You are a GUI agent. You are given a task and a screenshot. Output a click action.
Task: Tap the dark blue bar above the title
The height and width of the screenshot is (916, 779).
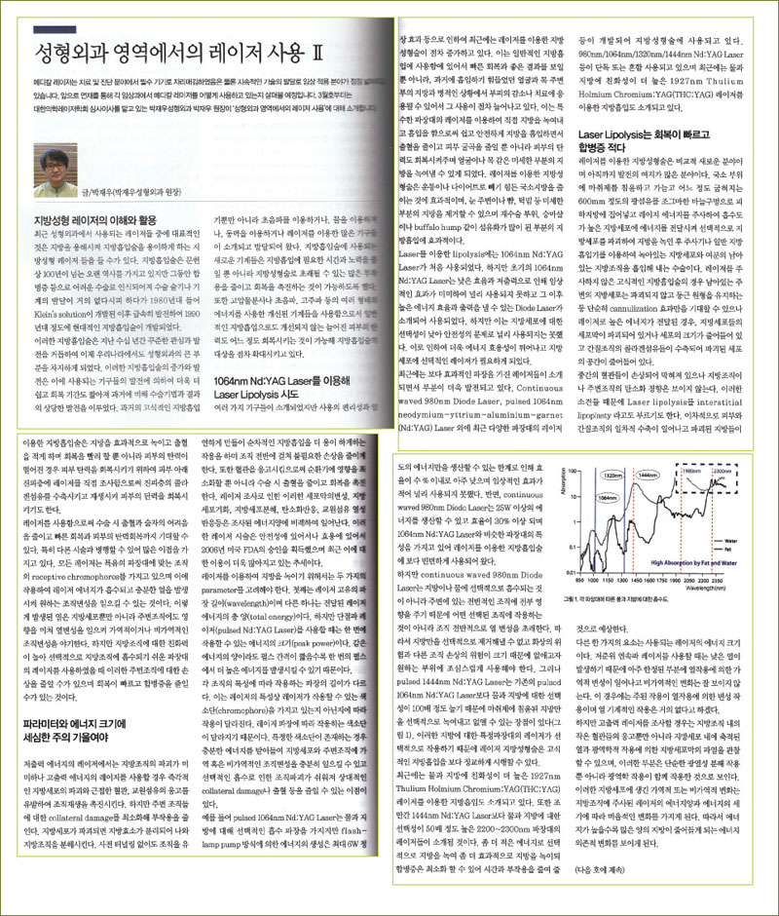(x=195, y=17)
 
